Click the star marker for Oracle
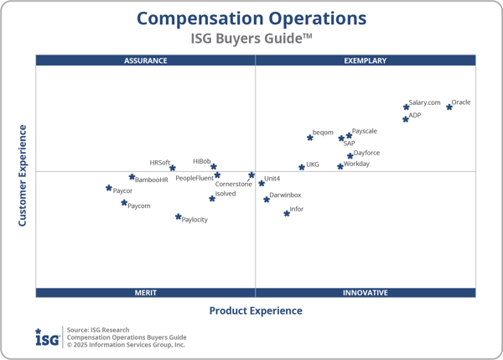(449, 107)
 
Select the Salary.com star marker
(407, 107)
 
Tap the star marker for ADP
(406, 119)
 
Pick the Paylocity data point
(178, 217)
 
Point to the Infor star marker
(287, 213)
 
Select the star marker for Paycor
(109, 189)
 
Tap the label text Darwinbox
(285, 195)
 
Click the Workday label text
(356, 164)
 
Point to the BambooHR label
(152, 180)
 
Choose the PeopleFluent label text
(194, 178)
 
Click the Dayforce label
(366, 153)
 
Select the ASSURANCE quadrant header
(146, 60)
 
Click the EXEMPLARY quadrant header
(366, 60)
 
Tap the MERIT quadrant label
(146, 293)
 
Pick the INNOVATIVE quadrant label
(366, 293)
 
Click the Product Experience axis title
(256, 311)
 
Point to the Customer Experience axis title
(23, 175)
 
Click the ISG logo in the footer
(47, 337)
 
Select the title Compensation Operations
(251, 18)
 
